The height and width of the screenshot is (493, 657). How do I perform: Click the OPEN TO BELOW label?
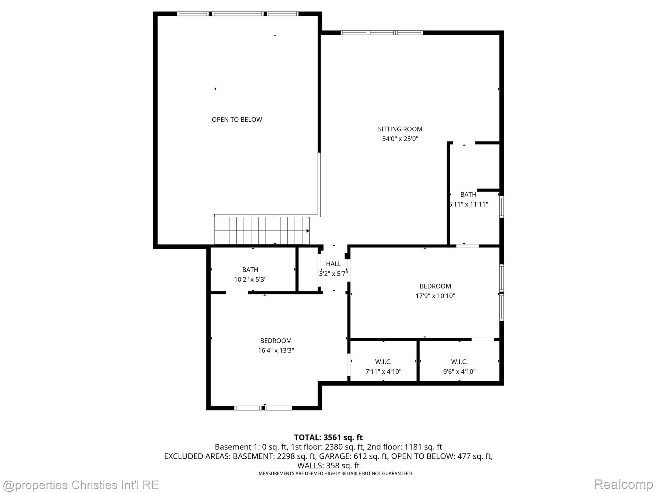coord(237,119)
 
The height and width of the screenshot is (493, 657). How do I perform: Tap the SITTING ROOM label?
coord(400,129)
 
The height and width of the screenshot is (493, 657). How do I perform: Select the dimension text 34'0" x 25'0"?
coord(400,139)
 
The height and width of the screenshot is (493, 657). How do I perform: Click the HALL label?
coord(333,264)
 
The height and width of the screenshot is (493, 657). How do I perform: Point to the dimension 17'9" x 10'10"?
coord(435,296)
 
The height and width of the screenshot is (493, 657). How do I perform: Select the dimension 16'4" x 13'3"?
coord(276,350)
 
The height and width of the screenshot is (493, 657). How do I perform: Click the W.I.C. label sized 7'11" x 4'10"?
coord(383,362)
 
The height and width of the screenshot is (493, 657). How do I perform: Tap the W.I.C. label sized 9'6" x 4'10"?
coord(459,362)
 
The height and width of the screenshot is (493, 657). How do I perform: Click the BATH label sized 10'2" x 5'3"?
coord(250,270)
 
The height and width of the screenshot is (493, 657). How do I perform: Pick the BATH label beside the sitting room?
coord(468,194)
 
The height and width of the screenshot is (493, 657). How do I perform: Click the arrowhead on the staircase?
coord(308,231)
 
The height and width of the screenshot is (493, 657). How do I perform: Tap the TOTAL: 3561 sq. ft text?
coord(328,437)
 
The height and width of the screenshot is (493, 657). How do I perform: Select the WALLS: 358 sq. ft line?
coord(328,465)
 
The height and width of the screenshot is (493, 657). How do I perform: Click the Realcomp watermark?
coord(623,484)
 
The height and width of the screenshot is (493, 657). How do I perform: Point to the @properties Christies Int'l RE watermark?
coord(80,485)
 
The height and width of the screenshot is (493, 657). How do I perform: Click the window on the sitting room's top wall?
coord(381,32)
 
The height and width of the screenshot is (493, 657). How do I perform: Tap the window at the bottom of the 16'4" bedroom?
coord(263,408)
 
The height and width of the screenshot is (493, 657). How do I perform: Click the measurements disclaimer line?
coord(335,473)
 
